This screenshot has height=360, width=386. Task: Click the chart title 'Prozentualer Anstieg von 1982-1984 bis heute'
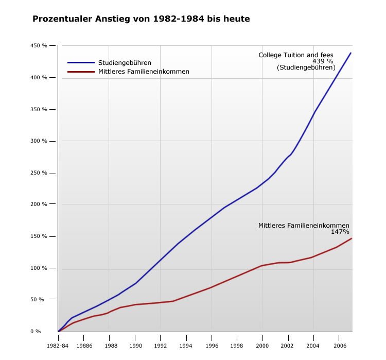coord(141,19)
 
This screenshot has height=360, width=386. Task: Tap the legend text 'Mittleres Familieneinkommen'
coord(144,72)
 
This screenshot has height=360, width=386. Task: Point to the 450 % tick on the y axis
coord(38,46)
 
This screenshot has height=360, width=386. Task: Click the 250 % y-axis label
coord(38,173)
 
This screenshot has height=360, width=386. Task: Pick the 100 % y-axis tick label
coord(38,268)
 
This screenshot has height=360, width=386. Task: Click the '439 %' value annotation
coord(323,61)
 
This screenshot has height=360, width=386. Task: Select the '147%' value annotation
coord(340,232)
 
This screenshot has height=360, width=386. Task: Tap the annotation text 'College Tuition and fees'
coord(295,55)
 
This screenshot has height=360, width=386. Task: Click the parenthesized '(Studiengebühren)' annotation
coord(306,67)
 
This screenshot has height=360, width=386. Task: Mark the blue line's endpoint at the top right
coord(351,53)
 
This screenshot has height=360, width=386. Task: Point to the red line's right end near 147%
coord(352,238)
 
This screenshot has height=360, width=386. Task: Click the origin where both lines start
coord(58,331)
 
